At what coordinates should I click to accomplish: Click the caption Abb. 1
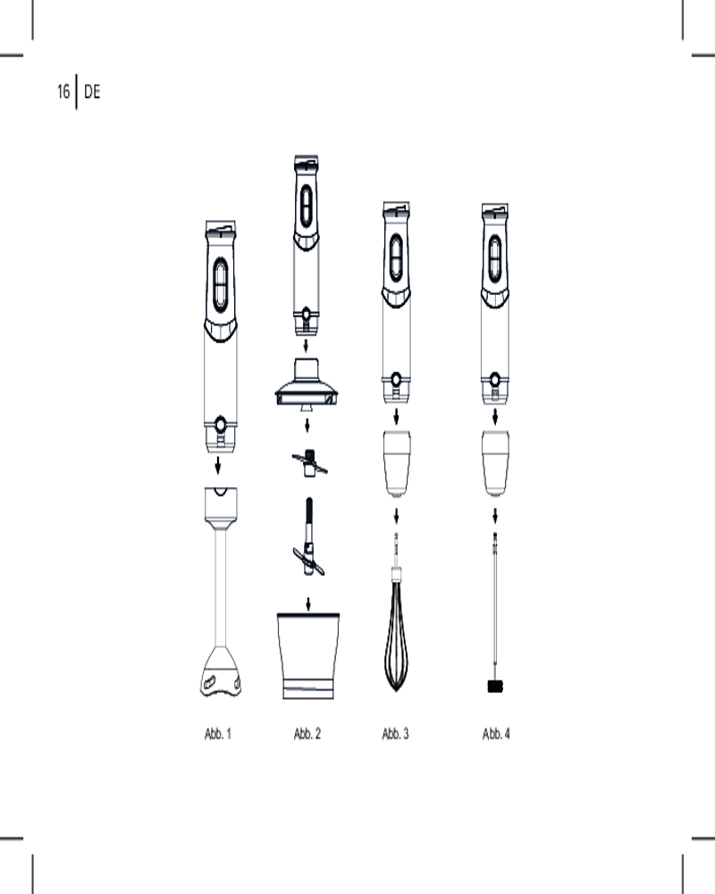(218, 734)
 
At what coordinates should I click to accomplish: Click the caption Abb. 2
(307, 734)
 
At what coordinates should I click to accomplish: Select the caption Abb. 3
(396, 734)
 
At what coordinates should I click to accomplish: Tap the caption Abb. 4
(496, 734)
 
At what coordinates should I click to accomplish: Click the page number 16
(63, 91)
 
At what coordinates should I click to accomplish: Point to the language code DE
(92, 91)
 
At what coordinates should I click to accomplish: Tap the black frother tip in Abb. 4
(495, 687)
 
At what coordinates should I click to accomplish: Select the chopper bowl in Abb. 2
(307, 655)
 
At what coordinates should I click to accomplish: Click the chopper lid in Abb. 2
(307, 384)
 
